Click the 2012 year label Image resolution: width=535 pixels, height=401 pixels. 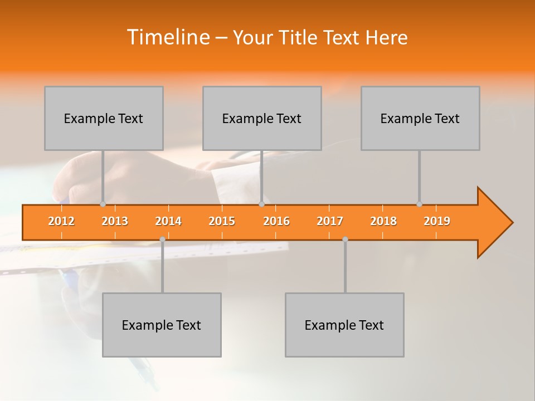[x=61, y=221]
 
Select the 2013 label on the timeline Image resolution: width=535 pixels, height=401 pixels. [x=115, y=221]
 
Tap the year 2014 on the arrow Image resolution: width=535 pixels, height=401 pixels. [x=168, y=221]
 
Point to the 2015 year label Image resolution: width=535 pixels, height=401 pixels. [x=222, y=221]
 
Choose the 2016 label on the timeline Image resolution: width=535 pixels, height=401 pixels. [x=276, y=221]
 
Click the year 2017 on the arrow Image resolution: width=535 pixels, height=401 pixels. [x=330, y=221]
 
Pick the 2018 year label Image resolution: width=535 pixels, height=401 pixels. [x=383, y=221]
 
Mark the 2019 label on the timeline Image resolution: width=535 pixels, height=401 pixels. [x=437, y=221]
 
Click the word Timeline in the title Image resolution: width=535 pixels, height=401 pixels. [x=167, y=37]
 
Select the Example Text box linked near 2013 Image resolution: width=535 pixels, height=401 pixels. [x=104, y=118]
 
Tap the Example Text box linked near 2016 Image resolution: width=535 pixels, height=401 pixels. [x=262, y=118]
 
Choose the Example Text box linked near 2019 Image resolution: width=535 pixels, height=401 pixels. [x=420, y=118]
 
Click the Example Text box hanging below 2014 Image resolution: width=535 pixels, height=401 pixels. [x=162, y=325]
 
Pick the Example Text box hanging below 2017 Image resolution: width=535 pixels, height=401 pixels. [x=344, y=325]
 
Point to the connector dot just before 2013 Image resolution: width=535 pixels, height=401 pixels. [x=103, y=204]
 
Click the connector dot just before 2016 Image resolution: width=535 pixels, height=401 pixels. [x=261, y=204]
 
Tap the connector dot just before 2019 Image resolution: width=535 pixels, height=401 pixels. [x=419, y=204]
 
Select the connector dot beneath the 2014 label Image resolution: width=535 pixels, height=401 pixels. [x=162, y=239]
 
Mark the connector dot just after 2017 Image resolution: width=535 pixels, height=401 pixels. [x=345, y=239]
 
